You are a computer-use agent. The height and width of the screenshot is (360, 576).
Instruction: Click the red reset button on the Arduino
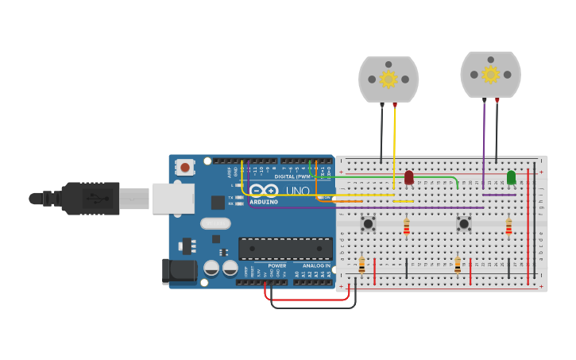[185, 167]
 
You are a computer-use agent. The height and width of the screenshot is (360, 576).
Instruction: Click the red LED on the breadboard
[409, 178]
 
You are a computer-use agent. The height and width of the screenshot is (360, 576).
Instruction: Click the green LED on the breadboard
[511, 177]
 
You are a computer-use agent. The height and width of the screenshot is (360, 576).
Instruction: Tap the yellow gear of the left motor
[389, 79]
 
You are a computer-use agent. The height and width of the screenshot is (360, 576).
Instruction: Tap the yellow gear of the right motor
[490, 75]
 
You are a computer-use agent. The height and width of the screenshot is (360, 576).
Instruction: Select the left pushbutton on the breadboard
[368, 224]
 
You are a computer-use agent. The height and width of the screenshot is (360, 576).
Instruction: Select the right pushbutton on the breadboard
[464, 224]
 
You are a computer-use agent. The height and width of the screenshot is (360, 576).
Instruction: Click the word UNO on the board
[298, 192]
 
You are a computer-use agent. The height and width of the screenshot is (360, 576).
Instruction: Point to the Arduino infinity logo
[265, 191]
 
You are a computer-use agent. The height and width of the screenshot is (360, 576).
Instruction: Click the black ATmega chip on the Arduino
[285, 249]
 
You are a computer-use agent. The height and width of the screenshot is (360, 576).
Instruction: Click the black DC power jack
[180, 271]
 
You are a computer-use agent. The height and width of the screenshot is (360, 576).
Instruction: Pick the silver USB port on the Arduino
[173, 199]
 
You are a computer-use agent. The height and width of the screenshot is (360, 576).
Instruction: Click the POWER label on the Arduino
[276, 265]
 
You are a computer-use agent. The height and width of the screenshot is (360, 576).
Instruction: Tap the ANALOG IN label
[316, 265]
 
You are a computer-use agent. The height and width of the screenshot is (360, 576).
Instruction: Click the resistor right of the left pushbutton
[407, 228]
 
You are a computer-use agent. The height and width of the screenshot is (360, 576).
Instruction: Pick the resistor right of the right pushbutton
[508, 228]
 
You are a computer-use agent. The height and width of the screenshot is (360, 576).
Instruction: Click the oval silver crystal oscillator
[215, 223]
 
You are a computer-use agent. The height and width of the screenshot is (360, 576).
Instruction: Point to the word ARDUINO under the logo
[265, 202]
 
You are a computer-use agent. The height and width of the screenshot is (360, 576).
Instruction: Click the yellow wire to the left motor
[394, 151]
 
